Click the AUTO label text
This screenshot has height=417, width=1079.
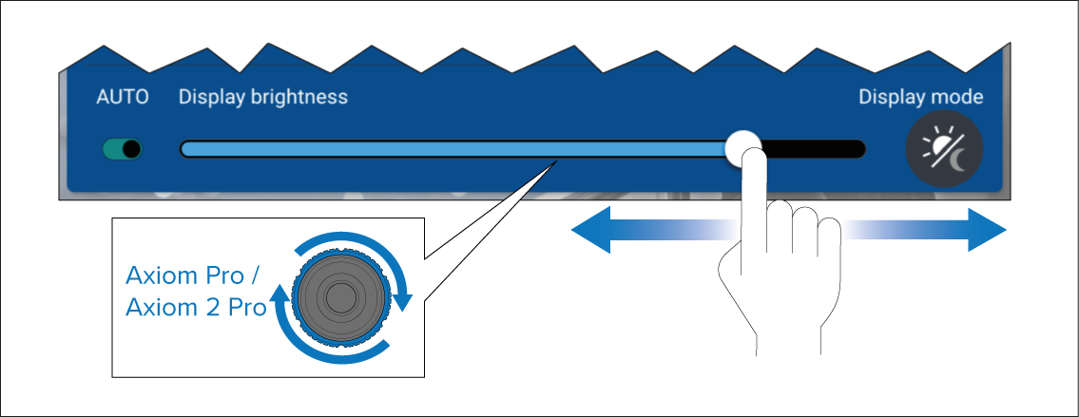tap(123, 97)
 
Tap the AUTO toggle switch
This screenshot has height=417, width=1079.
tap(123, 149)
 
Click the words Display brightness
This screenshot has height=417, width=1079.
tap(263, 97)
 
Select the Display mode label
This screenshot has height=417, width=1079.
tap(920, 97)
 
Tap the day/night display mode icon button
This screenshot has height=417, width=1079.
tap(944, 149)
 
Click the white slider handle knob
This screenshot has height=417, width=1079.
tap(742, 148)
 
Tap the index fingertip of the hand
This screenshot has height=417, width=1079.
tap(751, 161)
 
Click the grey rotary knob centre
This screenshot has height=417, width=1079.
tap(337, 296)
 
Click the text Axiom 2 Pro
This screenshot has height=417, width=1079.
tap(196, 309)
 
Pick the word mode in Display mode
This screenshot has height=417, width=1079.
tap(958, 97)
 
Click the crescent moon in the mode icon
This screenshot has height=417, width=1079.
tap(957, 161)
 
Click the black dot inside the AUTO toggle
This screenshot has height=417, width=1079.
tap(131, 149)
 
